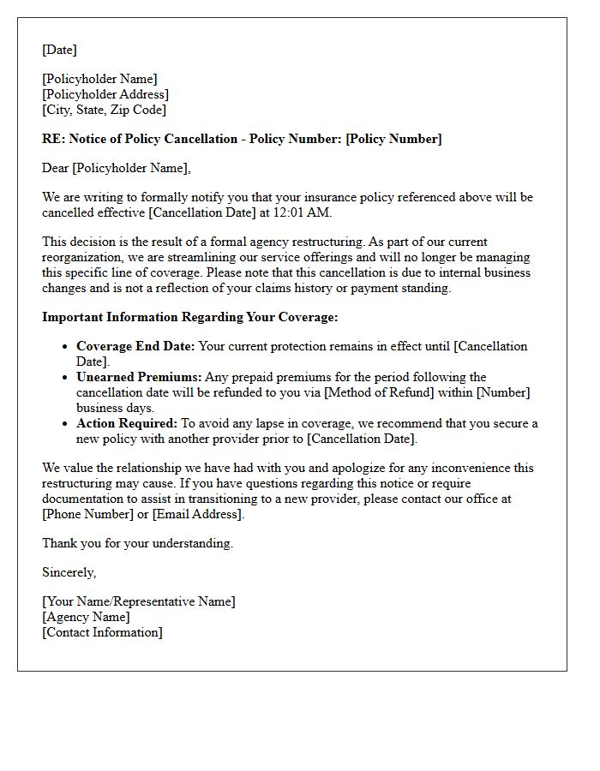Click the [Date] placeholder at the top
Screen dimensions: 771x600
tap(59, 50)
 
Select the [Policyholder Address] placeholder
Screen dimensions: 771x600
tap(105, 94)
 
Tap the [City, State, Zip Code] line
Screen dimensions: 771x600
tap(105, 110)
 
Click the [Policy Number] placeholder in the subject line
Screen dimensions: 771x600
tap(393, 139)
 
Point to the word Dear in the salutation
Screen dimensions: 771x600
tap(56, 168)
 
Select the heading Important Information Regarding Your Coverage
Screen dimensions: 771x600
tap(190, 317)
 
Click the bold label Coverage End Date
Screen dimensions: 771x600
tap(135, 346)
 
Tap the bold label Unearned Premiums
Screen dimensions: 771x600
tap(139, 377)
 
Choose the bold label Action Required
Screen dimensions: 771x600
tap(127, 423)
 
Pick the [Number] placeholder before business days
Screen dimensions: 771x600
tap(502, 392)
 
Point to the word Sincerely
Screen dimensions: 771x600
tap(69, 572)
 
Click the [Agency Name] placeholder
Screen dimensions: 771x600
tap(86, 617)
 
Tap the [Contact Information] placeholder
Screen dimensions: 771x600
tap(102, 632)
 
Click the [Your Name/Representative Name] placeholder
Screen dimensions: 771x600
tap(139, 601)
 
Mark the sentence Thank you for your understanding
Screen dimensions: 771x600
tap(137, 543)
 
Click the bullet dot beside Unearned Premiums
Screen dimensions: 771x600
tap(65, 378)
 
